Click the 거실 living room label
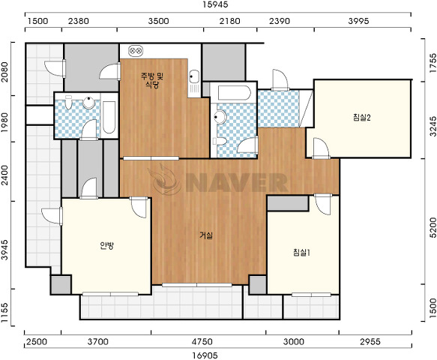pos(206,235)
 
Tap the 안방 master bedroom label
pos(106,245)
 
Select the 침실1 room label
pos(302,253)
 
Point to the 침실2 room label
pos(361,118)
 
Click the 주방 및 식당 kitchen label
pos(152,80)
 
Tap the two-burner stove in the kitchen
pos(136,51)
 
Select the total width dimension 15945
pos(216,4)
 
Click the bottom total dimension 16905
pos(205,355)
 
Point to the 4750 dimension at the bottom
pos(202,341)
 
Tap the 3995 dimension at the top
pos(358,21)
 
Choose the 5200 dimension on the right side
pos(433,228)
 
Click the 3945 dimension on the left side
pos(4,250)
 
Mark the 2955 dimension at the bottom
pos(370,341)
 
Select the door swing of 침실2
pos(321,148)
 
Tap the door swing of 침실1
pos(323,205)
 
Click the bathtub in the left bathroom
pos(109,117)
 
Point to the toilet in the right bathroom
pos(220,141)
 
